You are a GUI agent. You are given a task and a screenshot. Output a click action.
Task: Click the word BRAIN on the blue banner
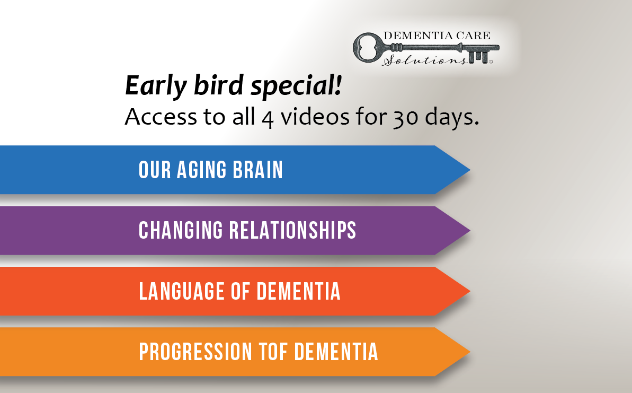point(258,170)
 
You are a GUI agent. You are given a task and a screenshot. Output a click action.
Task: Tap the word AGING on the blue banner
point(201,170)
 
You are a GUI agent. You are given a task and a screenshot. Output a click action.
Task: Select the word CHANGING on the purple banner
point(181,230)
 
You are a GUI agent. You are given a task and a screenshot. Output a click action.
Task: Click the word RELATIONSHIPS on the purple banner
point(292,230)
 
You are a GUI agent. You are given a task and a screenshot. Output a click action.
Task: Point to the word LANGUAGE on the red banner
point(181,291)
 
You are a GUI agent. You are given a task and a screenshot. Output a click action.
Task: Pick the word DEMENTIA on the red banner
point(299,291)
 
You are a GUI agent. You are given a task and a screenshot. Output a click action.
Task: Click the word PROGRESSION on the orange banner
point(195,352)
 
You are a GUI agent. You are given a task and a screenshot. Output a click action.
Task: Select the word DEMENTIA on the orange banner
point(336,352)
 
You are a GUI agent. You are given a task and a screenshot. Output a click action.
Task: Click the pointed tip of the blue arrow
point(469,170)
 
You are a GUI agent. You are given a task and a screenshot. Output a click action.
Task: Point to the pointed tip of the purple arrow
point(469,230)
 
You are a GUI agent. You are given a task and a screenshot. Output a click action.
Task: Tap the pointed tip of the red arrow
point(469,291)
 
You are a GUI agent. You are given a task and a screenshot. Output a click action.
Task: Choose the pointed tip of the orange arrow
point(469,352)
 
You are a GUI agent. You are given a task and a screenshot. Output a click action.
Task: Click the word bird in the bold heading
point(218,85)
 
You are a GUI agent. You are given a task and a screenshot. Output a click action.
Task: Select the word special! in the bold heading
point(296,86)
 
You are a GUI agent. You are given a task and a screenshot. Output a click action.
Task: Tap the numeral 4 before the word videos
point(268,119)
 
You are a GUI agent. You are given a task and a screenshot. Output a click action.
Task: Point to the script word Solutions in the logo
point(424,60)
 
